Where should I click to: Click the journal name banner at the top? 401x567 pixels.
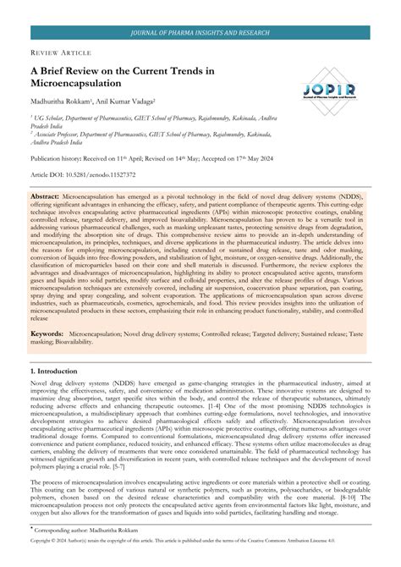tap(200, 33)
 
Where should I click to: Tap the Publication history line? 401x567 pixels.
tap(127, 158)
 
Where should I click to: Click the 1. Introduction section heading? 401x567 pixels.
tap(56, 372)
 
